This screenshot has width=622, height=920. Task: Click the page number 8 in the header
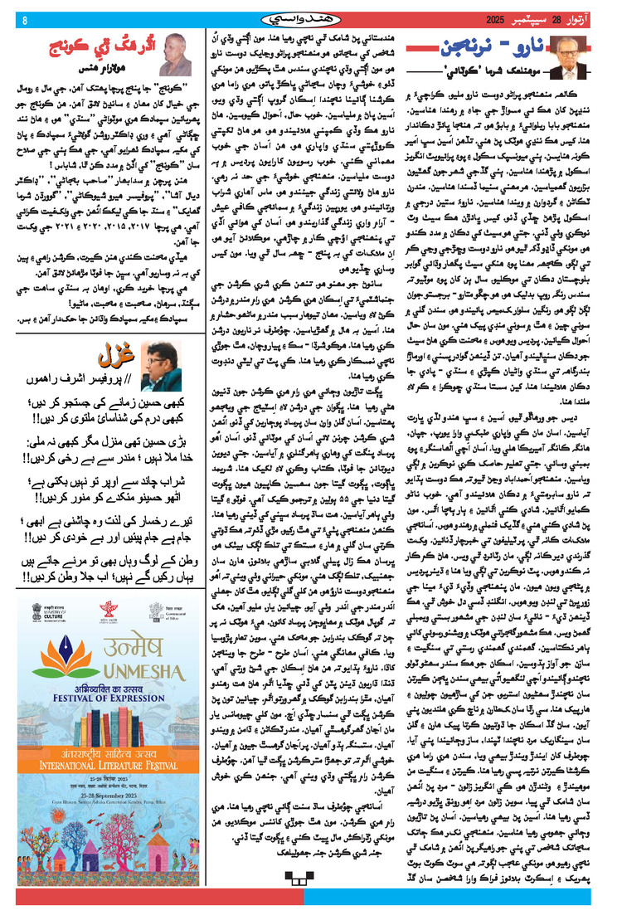click(x=24, y=20)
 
